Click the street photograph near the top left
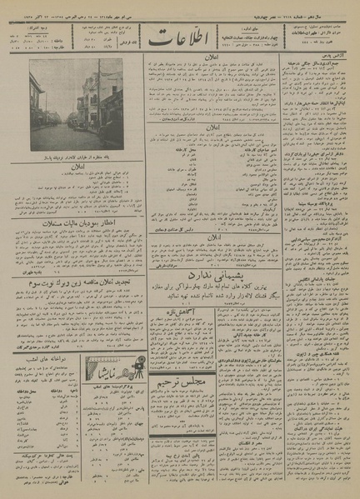pos(77,105)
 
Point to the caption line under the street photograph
pos(77,158)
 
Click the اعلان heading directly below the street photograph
pos(77,172)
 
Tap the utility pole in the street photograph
pos(98,92)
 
